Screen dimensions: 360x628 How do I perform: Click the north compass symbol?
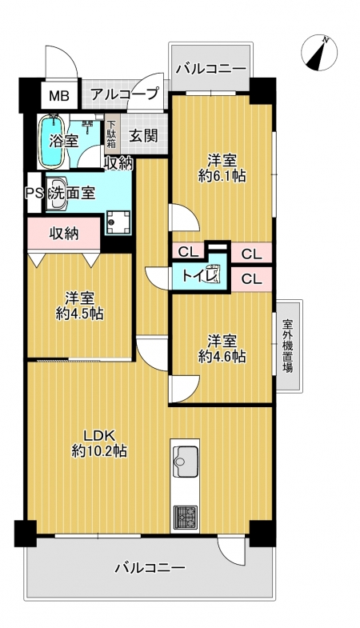[x=319, y=53]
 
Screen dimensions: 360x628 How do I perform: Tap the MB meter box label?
[x=59, y=96]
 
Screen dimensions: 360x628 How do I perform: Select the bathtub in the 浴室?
[x=51, y=142]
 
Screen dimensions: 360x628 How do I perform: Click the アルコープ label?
[x=125, y=94]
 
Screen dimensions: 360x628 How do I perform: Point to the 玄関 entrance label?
[x=142, y=136]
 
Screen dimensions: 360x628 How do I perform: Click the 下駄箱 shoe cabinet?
[x=110, y=134]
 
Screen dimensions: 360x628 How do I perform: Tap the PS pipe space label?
[x=34, y=193]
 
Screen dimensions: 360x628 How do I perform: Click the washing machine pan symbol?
[x=118, y=222]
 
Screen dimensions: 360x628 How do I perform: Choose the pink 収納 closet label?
[x=64, y=233]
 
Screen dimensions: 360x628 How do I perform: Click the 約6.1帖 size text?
[x=222, y=176]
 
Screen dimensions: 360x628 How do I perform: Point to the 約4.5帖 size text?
[x=80, y=314]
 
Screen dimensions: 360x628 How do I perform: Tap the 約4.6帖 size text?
[x=222, y=356]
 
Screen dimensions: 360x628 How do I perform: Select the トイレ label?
[x=199, y=276]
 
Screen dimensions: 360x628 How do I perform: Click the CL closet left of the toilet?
[x=188, y=252]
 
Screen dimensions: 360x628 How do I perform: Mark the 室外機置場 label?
[x=287, y=346]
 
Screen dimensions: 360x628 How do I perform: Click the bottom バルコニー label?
[x=150, y=567]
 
